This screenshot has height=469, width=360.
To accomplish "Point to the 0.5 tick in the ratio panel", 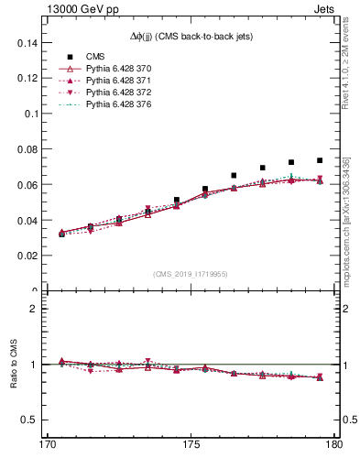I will pyautogui.click(x=27, y=420).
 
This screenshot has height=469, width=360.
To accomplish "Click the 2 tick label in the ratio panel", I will pyautogui.click(x=31, y=309).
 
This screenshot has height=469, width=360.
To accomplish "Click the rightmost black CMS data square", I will pyautogui.click(x=320, y=160).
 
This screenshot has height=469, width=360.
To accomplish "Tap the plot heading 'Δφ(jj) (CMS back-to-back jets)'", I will pyautogui.click(x=191, y=35).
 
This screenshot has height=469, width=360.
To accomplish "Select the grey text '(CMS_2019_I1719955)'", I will pyautogui.click(x=191, y=273).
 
